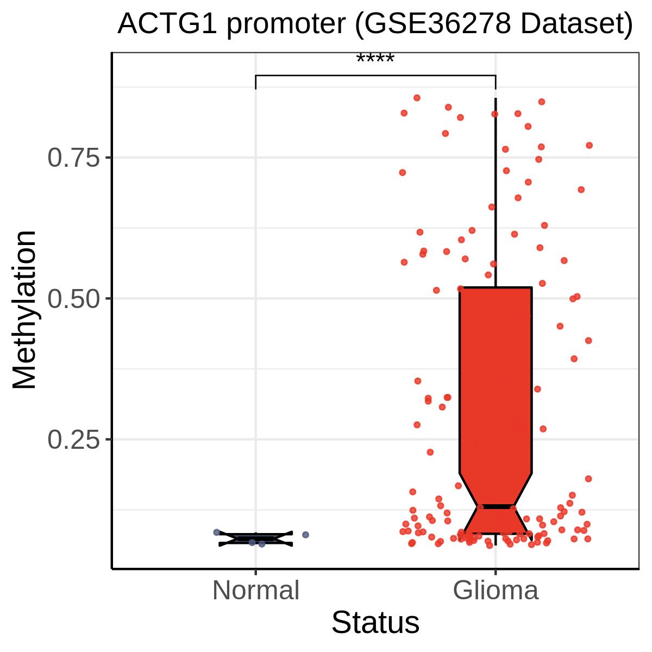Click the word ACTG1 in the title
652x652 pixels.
[167, 24]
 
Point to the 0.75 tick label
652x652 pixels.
[74, 158]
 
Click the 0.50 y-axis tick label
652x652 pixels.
[74, 298]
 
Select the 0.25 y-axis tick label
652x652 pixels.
[74, 440]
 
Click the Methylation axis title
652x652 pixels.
[24, 310]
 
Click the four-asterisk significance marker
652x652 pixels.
[375, 58]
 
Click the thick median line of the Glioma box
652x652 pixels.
[496, 506]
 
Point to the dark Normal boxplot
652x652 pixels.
[256, 539]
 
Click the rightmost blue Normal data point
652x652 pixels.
[305, 535]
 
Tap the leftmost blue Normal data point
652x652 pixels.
[217, 532]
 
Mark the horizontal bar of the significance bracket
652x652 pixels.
[375, 76]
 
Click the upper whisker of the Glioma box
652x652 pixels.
[496, 192]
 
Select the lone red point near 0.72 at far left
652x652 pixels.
[402, 173]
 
